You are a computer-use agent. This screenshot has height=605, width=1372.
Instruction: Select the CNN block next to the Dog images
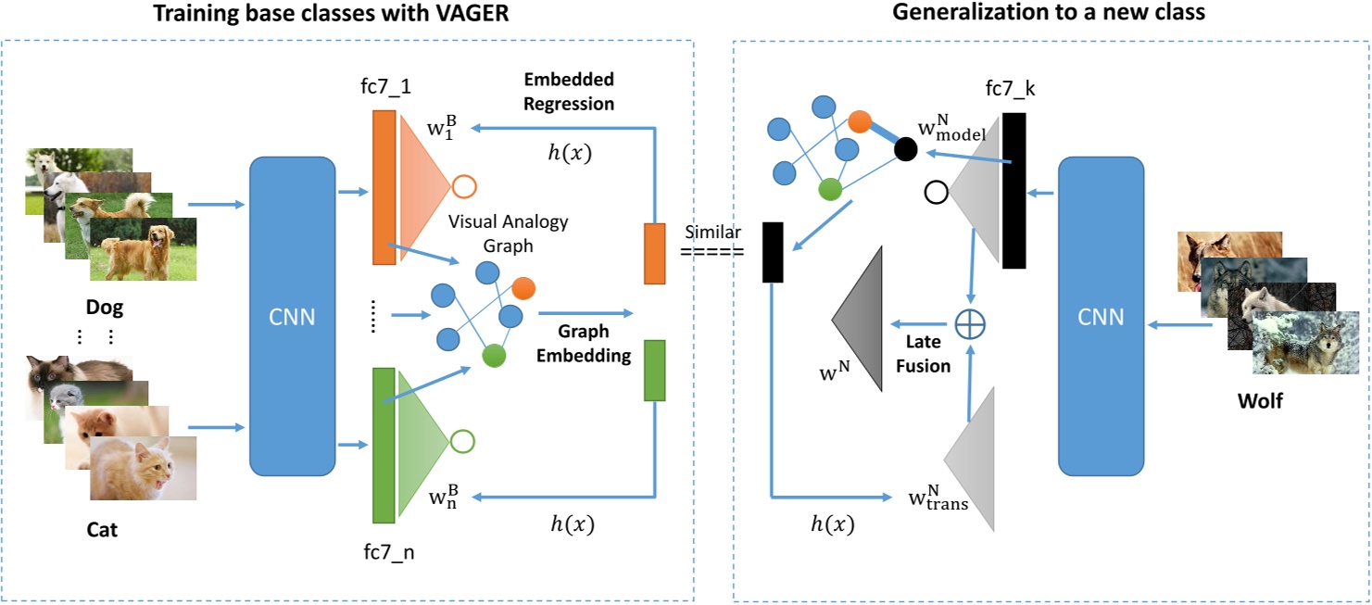pos(292,316)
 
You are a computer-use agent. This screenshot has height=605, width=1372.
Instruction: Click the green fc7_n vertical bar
pos(384,445)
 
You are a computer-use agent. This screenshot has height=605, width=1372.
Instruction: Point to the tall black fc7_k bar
pos(1013,190)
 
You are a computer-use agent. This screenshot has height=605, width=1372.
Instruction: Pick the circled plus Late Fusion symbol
pos(970,324)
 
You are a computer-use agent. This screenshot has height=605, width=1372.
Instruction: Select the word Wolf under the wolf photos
pos(1260,402)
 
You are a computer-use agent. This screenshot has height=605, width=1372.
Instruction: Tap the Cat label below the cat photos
pos(102,530)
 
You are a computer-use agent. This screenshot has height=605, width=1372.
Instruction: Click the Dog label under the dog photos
pos(104,307)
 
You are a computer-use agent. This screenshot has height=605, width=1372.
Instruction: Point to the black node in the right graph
pos(906,148)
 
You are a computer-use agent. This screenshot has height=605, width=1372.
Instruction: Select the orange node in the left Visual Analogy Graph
pos(523,288)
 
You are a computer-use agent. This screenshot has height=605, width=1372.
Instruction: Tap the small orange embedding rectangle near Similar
pos(654,253)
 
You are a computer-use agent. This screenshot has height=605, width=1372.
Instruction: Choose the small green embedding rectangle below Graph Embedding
pos(654,370)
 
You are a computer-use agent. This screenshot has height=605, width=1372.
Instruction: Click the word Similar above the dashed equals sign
pos(712,233)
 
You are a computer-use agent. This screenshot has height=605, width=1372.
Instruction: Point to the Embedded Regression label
pos(569,92)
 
